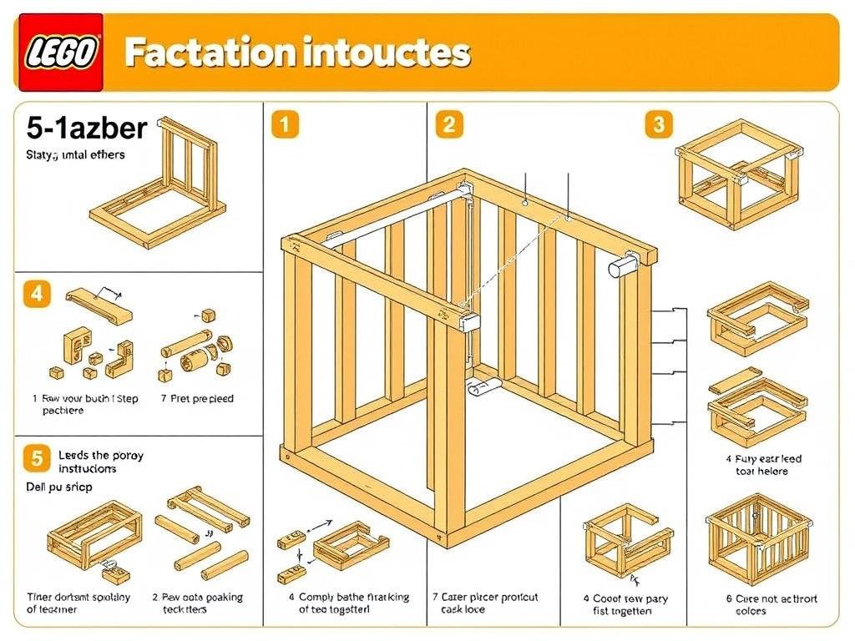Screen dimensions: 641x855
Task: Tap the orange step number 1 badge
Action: tap(285, 125)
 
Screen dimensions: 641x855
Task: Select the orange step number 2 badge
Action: tap(448, 125)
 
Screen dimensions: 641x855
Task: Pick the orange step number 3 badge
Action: tap(659, 125)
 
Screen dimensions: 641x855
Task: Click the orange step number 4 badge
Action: tap(36, 295)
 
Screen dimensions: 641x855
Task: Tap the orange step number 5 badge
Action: tap(36, 457)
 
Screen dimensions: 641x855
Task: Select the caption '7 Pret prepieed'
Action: tap(197, 399)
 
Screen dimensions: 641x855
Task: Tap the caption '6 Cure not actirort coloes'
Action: tap(761, 604)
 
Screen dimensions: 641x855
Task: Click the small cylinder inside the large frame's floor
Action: tap(483, 386)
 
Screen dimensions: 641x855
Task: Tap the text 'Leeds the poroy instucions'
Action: tap(100, 462)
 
